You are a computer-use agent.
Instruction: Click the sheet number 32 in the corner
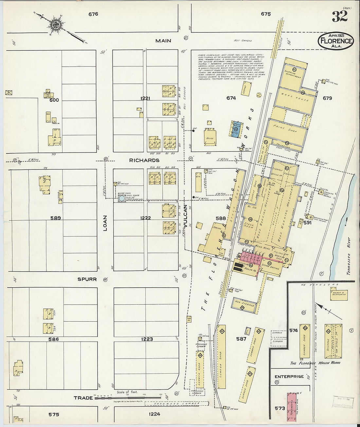(339, 16)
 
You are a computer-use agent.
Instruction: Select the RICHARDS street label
(144, 160)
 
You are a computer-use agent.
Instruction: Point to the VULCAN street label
(186, 216)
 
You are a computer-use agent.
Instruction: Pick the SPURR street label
(87, 279)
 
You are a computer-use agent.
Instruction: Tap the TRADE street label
(83, 398)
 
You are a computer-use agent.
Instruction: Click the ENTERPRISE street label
(289, 377)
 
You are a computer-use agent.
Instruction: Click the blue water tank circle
(121, 198)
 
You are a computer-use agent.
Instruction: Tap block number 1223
(147, 339)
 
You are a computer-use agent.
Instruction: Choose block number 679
(327, 98)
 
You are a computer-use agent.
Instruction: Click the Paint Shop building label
(288, 130)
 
